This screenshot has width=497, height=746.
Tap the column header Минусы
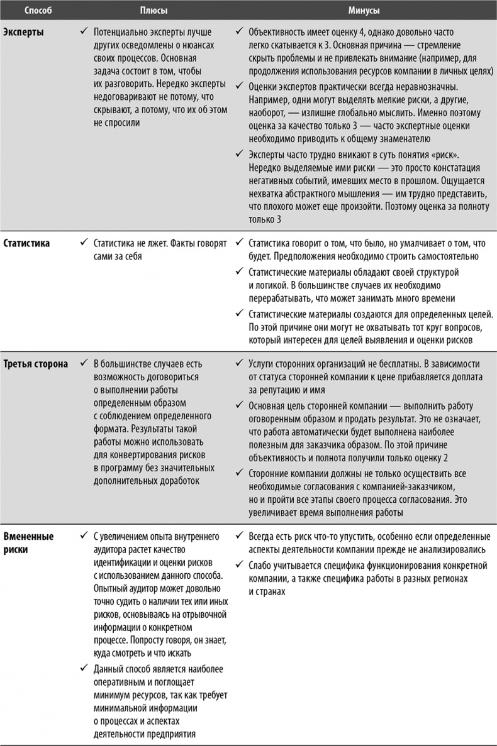(x=364, y=11)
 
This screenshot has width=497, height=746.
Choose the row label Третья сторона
(x=36, y=364)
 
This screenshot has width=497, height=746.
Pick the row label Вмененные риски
(x=29, y=542)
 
